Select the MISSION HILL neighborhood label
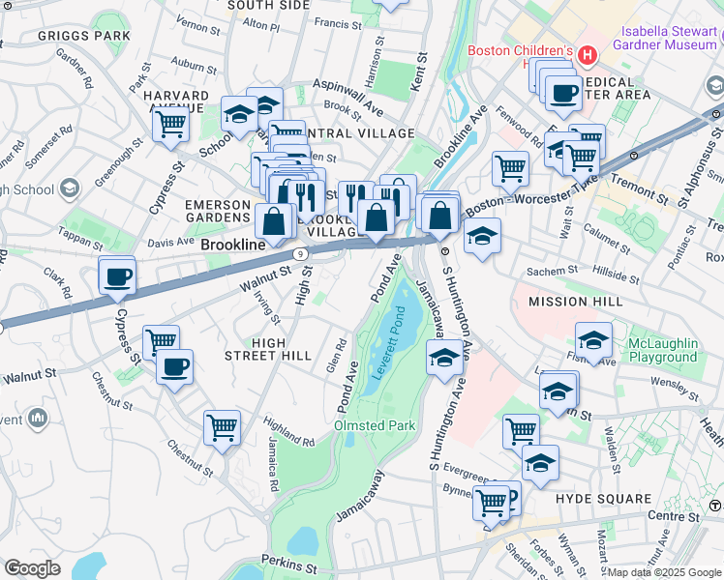575,303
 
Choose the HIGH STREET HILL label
267,349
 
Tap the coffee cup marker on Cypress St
118,275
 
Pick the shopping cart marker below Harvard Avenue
171,123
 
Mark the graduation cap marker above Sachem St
481,237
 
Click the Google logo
32,568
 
